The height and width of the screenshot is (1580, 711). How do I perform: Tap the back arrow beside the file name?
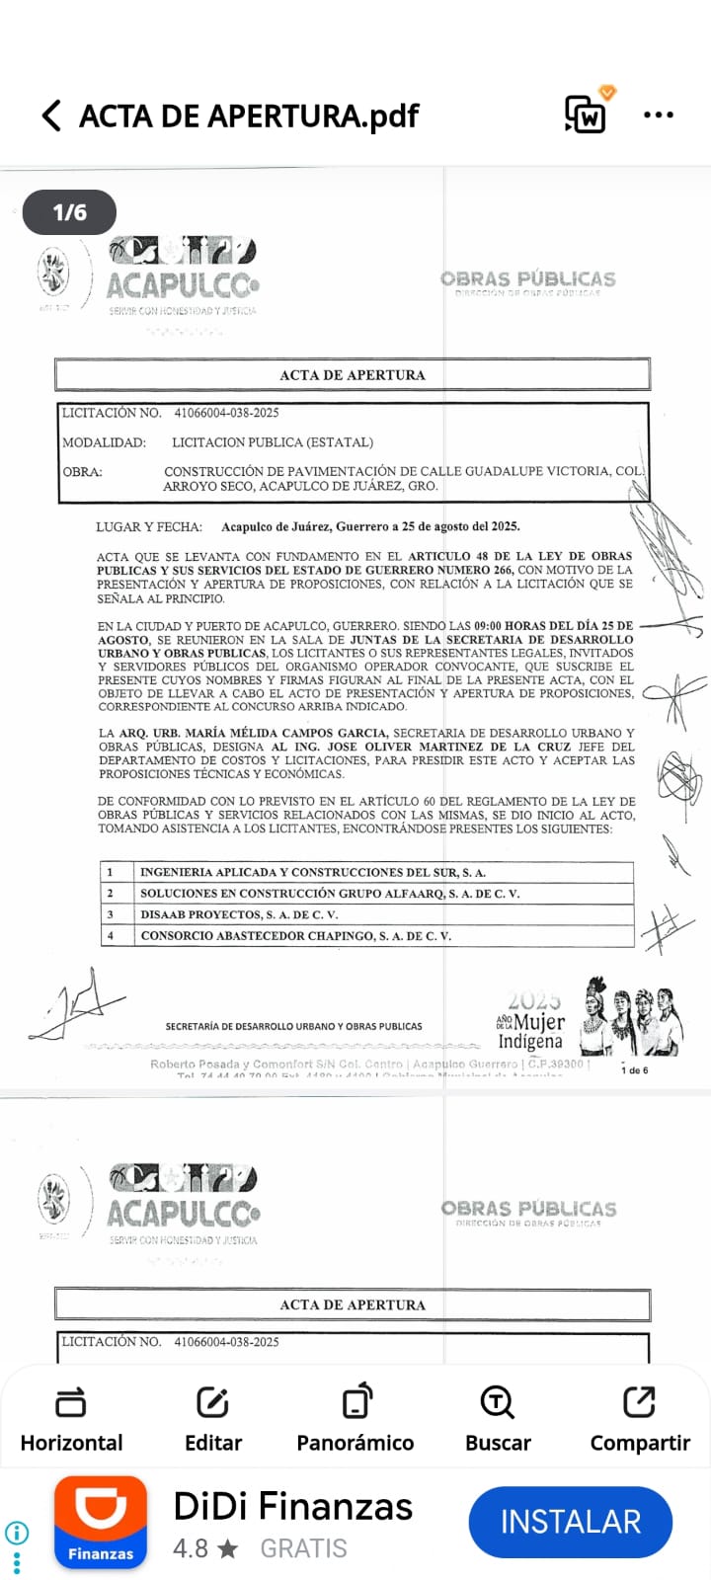[x=51, y=116]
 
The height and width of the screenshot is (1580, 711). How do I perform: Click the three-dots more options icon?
[x=658, y=116]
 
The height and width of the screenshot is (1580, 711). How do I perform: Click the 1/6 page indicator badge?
[x=69, y=212]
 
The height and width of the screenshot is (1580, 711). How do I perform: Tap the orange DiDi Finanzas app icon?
[x=101, y=1522]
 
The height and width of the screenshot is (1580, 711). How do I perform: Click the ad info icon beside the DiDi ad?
[x=17, y=1533]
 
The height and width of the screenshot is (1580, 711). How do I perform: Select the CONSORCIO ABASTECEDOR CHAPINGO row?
[x=296, y=935]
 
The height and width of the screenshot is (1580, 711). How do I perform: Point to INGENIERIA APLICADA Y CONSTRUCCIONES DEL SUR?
[x=313, y=872]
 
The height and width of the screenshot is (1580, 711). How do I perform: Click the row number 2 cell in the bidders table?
[x=111, y=894]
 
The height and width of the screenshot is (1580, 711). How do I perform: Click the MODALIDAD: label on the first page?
[x=104, y=442]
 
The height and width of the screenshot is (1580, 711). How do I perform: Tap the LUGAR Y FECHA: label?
[x=148, y=526]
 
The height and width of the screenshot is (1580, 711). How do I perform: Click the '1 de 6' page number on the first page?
[x=634, y=1070]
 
